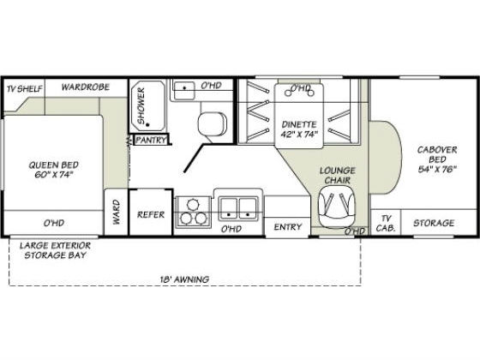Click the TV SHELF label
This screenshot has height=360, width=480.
coord(24,89)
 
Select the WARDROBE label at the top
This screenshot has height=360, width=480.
coord(86,87)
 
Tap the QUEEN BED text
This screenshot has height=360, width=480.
coord(54,165)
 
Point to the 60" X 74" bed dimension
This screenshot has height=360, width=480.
coord(54,175)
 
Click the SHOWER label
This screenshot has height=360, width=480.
coord(141,105)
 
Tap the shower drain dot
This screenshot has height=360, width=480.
coord(147,124)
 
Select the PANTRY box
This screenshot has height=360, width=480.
coord(151,140)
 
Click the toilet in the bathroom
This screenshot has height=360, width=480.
coord(213,123)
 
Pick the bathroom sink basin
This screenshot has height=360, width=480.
coord(184,90)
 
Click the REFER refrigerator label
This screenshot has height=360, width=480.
coord(151,214)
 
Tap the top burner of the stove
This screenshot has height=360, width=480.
coord(193,204)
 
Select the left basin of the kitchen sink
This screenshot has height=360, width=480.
coord(229,209)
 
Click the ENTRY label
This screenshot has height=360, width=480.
coord(288,227)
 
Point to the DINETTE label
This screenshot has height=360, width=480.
coord(299,124)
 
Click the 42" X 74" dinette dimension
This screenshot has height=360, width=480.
coord(298,134)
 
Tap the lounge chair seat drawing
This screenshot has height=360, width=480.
coord(336,207)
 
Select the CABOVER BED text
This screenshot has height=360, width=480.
coord(437,154)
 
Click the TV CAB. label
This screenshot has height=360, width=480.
coord(386,223)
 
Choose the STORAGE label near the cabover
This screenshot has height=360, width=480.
coord(434,223)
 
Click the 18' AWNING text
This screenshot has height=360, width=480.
coord(184,279)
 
